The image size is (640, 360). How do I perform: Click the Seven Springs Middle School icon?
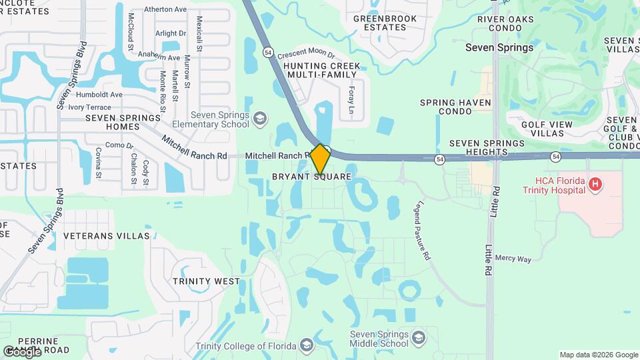[419, 337]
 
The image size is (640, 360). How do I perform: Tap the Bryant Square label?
[311, 177]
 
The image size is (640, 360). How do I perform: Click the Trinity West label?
[206, 281]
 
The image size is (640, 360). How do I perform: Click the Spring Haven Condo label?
[455, 107]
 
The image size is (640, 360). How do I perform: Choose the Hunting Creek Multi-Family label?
[321, 70]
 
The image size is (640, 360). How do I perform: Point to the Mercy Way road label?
[513, 258]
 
